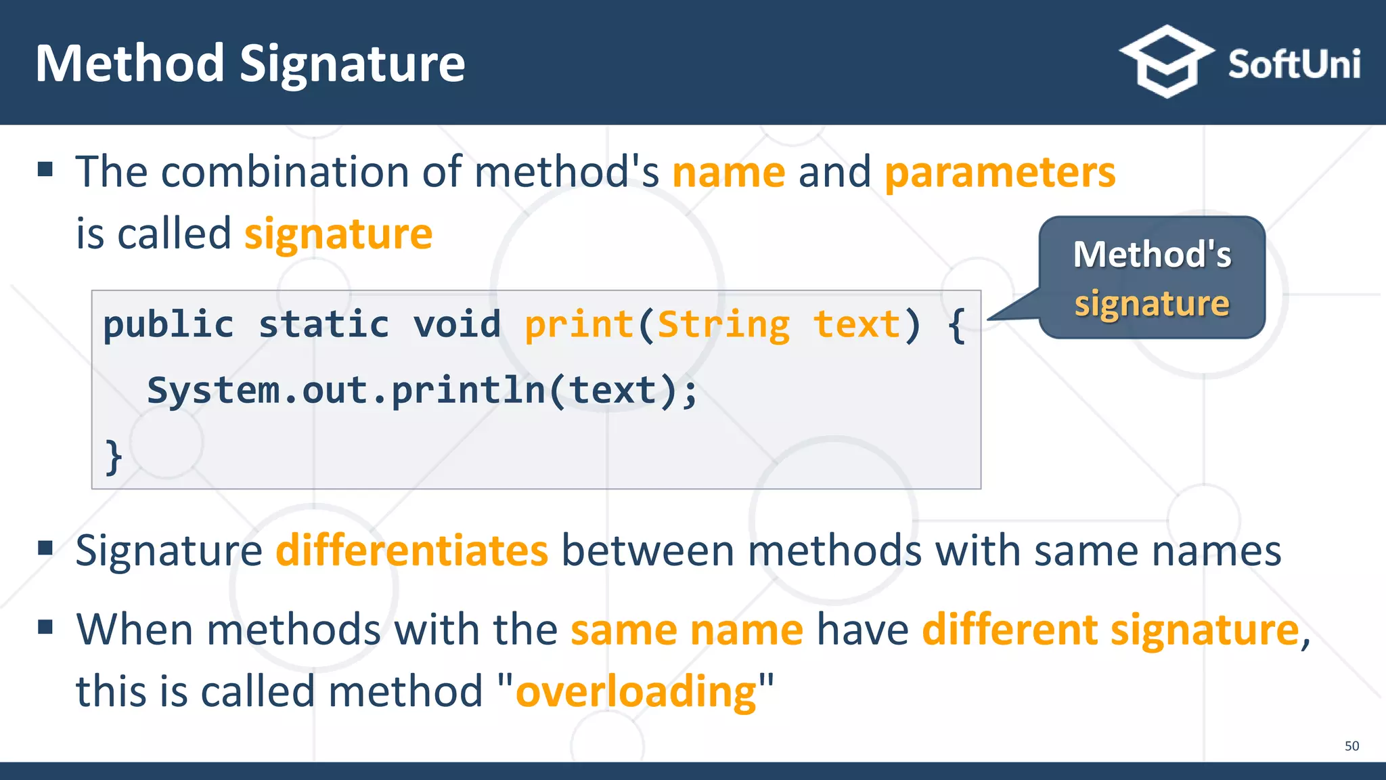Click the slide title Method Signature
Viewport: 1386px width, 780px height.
tap(250, 64)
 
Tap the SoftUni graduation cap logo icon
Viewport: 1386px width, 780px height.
tap(1165, 62)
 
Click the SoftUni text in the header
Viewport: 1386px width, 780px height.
tap(1293, 65)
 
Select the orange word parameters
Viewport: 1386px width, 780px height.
tap(1000, 172)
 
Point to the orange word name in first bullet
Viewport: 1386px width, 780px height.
tap(728, 172)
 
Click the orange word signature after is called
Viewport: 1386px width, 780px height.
tap(338, 234)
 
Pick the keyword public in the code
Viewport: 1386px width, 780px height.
tap(169, 325)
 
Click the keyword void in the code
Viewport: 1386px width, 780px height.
tap(457, 325)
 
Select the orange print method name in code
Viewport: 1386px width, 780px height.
tap(579, 325)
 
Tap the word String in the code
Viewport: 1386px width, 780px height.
tap(723, 325)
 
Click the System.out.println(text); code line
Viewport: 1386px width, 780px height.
tap(422, 391)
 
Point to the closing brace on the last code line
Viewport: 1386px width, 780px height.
tap(113, 457)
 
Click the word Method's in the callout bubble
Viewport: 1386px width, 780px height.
tap(1152, 255)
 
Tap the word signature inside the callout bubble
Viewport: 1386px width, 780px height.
tap(1152, 303)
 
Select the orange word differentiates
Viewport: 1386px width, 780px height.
tap(411, 550)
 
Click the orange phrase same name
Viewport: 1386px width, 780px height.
tap(686, 630)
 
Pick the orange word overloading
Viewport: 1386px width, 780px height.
tap(635, 692)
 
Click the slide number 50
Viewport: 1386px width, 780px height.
tap(1351, 746)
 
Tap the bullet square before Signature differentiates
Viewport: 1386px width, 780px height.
tap(45, 547)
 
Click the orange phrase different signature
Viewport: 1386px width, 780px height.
tap(1110, 630)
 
